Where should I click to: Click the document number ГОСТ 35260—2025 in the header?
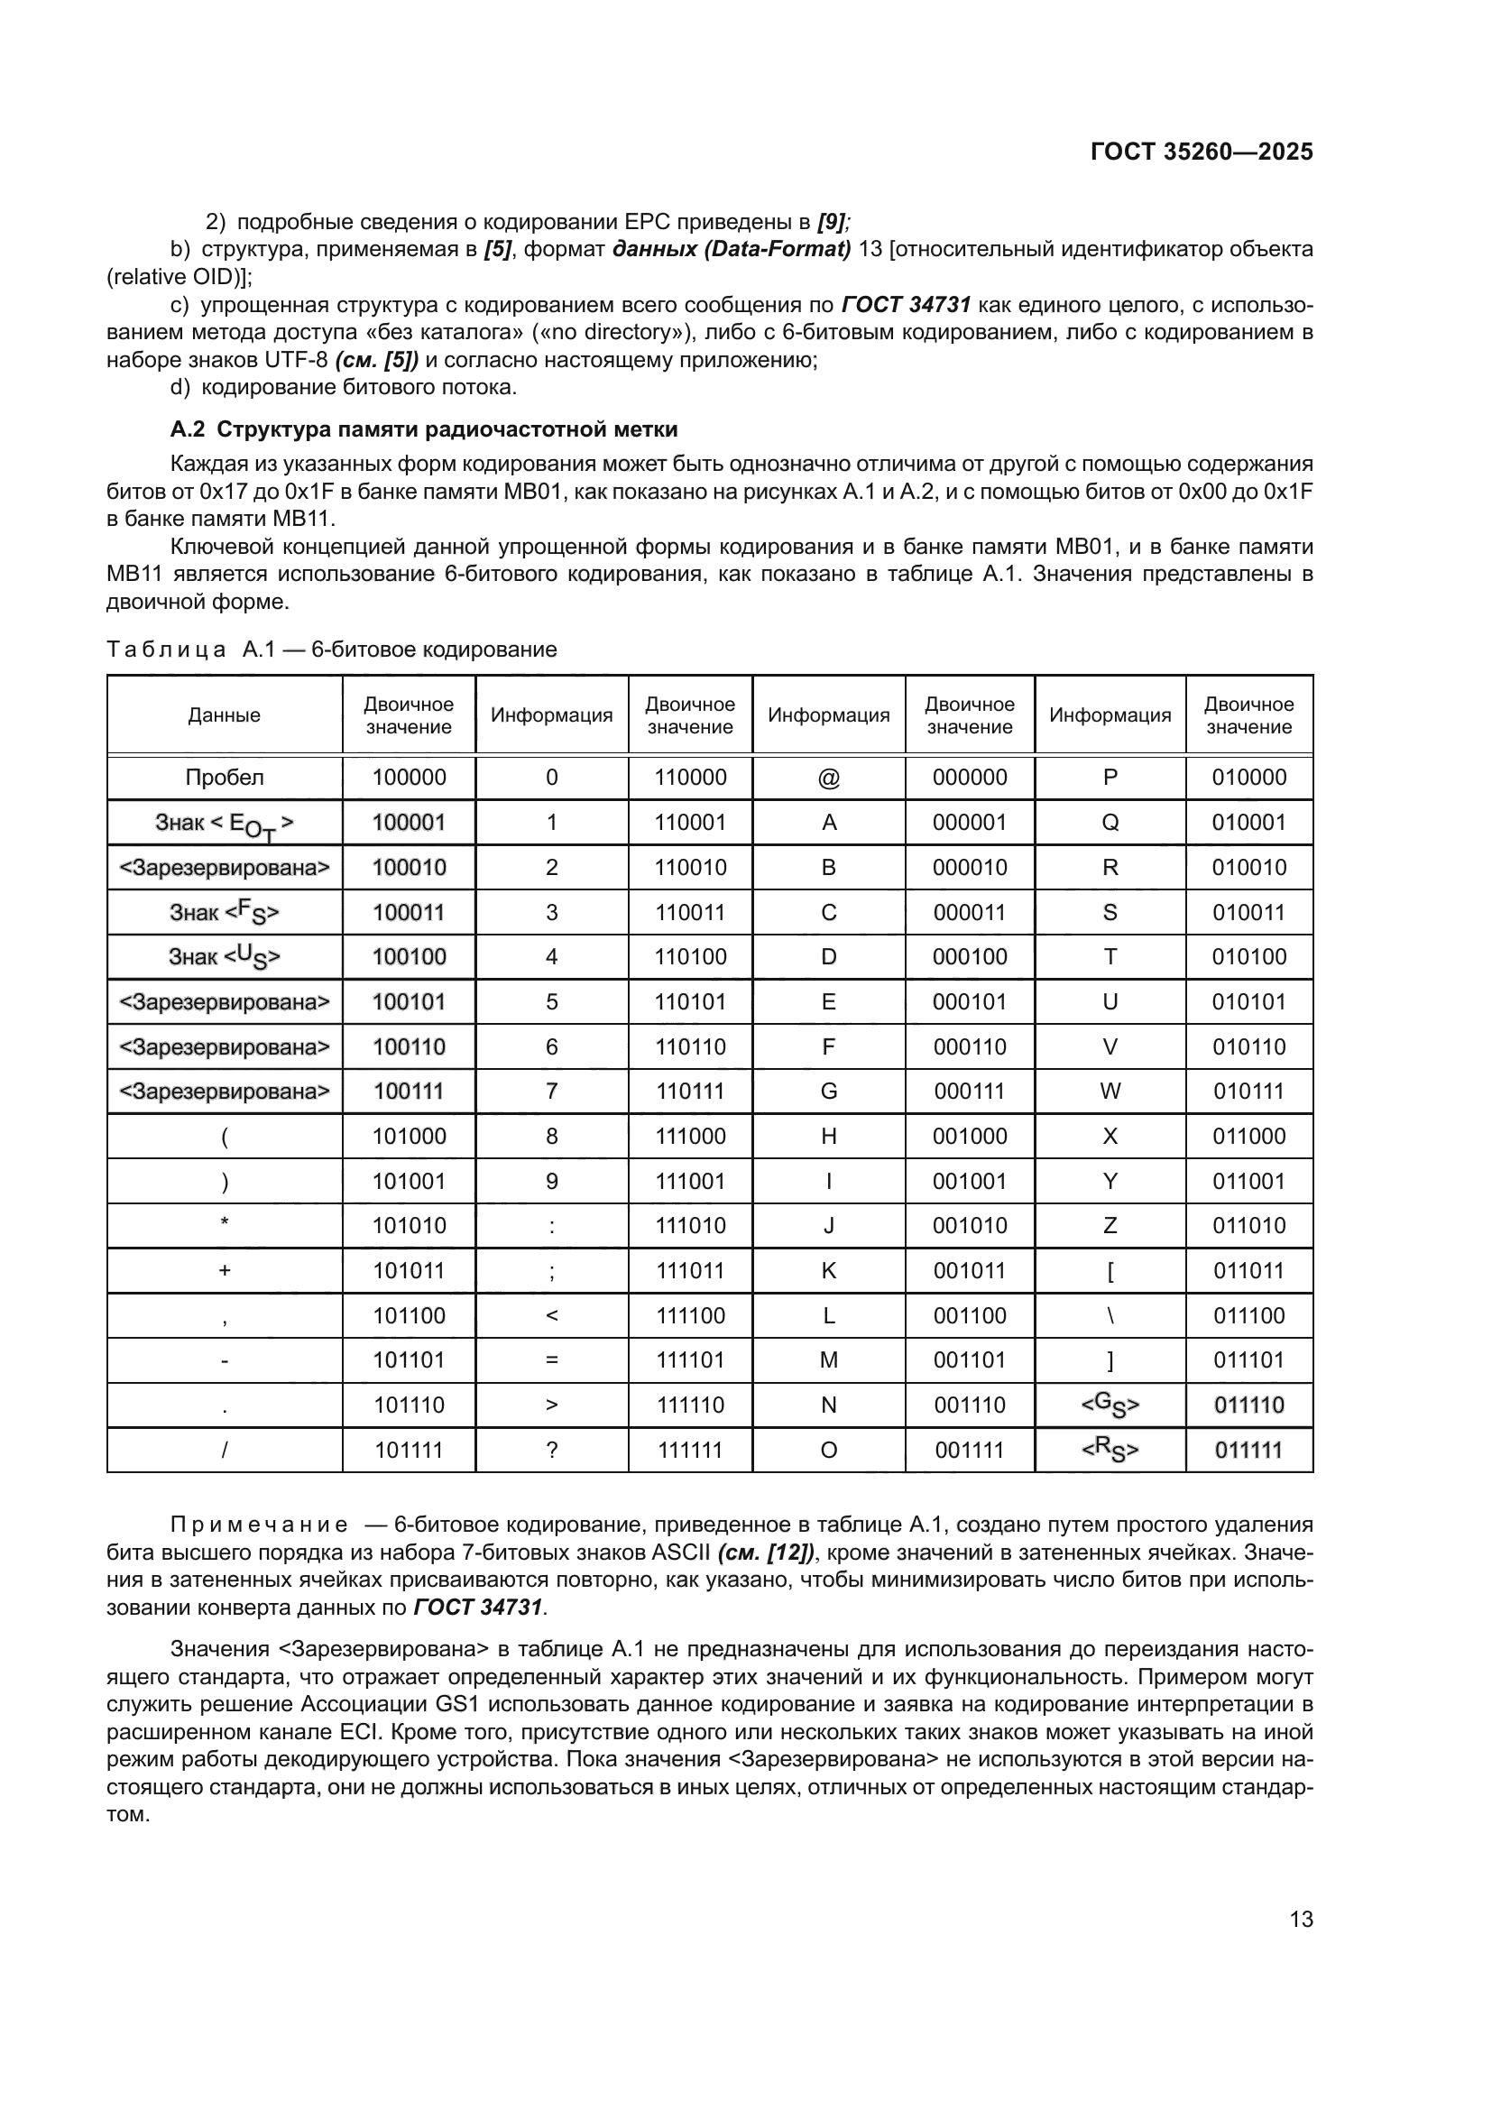tap(1201, 152)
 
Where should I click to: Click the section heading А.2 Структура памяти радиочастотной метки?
tap(425, 429)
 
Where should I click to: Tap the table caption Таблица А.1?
tap(332, 650)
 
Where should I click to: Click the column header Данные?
tap(225, 715)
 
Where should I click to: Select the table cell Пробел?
tap(225, 778)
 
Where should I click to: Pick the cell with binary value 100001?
tap(409, 823)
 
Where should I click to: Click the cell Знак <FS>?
tap(225, 913)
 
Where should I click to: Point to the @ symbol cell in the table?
tap(828, 779)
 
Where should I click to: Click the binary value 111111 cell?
tap(690, 1451)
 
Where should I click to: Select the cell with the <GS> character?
tap(1110, 1405)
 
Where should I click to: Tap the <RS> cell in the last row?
tap(1110, 1451)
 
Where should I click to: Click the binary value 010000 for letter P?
tap(1248, 778)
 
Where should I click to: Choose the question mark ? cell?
tap(551, 1451)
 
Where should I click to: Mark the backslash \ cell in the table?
tap(1110, 1316)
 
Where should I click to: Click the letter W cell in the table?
tap(1110, 1091)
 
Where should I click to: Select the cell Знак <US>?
tap(225, 956)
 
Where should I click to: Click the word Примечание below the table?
tap(259, 1525)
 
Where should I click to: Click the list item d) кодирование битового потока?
tap(345, 387)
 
